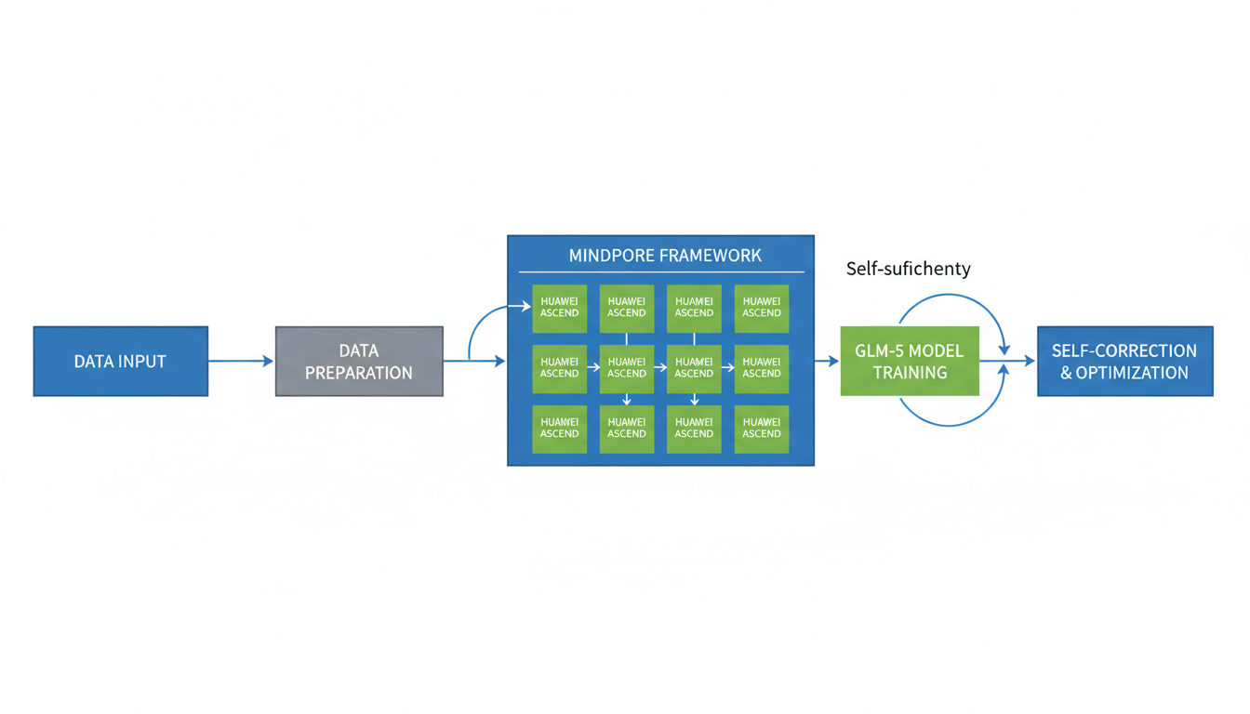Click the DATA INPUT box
tap(120, 361)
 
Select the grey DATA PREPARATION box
tap(359, 361)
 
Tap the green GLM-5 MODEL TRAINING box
tap(910, 361)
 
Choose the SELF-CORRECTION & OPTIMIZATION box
tap(1124, 361)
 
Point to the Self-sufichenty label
tap(908, 269)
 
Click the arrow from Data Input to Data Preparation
tap(241, 361)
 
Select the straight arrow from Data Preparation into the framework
tap(474, 361)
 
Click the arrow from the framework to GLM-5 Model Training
tap(826, 361)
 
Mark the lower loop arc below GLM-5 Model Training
tap(949, 425)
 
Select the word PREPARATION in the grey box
tap(359, 373)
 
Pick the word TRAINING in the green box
tap(910, 373)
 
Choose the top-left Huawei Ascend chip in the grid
tap(559, 308)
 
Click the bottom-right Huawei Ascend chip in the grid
tap(762, 429)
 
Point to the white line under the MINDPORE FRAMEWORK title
tap(661, 272)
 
